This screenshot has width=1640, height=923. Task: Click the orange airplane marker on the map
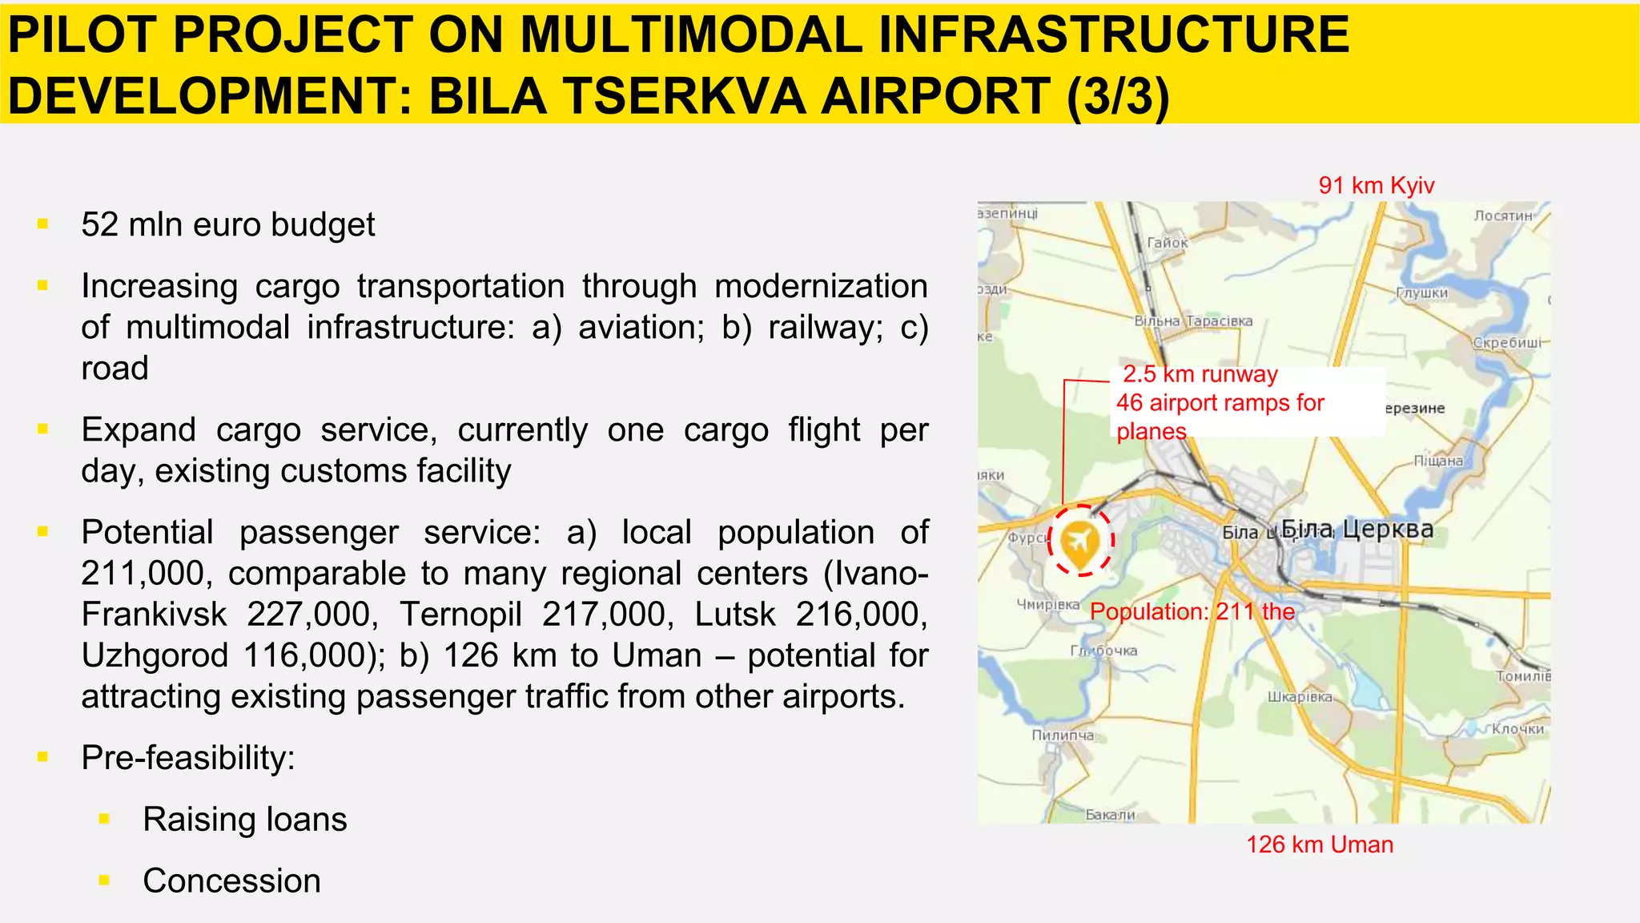pyautogui.click(x=1079, y=542)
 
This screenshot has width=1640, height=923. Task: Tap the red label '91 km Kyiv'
pyautogui.click(x=1376, y=186)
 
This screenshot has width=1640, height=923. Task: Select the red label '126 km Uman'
pyautogui.click(x=1319, y=844)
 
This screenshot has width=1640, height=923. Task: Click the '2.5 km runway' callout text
pyautogui.click(x=1200, y=374)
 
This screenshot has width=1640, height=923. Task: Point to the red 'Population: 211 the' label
pyautogui.click(x=1192, y=612)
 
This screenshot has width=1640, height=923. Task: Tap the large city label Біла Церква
pyautogui.click(x=1357, y=529)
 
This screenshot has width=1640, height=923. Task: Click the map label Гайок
pyautogui.click(x=1167, y=243)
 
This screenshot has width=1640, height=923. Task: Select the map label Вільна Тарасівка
pyautogui.click(x=1193, y=321)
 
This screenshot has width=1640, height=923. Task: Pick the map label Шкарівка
pyautogui.click(x=1300, y=697)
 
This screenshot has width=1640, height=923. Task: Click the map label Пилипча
pyautogui.click(x=1062, y=736)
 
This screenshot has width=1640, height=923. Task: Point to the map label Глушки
pyautogui.click(x=1422, y=293)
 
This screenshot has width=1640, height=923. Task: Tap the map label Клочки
pyautogui.click(x=1517, y=729)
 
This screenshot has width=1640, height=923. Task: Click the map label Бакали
pyautogui.click(x=1110, y=815)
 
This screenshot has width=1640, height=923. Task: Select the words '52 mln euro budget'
pyautogui.click(x=227, y=225)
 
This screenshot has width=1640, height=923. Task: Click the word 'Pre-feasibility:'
pyautogui.click(x=188, y=758)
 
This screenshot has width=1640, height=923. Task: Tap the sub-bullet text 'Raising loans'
pyautogui.click(x=244, y=820)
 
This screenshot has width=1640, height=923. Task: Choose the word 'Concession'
pyautogui.click(x=231, y=881)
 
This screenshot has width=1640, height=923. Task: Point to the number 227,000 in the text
pyautogui.click(x=309, y=615)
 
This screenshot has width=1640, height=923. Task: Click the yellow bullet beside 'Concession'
pyautogui.click(x=104, y=881)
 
